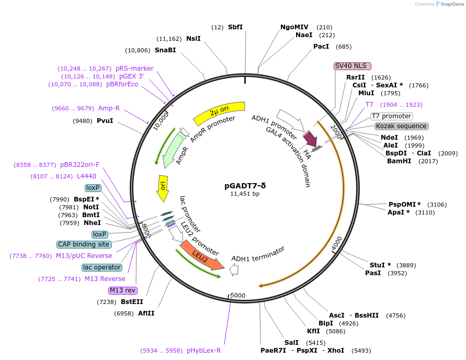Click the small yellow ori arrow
click(163, 189)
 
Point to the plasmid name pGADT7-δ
click(245, 185)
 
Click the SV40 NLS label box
click(352, 66)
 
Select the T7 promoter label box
click(391, 116)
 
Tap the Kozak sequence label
click(401, 126)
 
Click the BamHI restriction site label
click(399, 161)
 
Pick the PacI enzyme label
click(321, 47)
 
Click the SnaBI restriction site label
click(165, 50)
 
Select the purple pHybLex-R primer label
click(203, 351)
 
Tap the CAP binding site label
click(84, 244)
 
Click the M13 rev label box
click(123, 290)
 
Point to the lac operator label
click(102, 267)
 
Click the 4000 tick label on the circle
click(337, 243)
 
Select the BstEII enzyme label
click(132, 302)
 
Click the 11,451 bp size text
click(245, 194)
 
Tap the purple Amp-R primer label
click(109, 108)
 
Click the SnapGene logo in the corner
click(449, 4)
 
